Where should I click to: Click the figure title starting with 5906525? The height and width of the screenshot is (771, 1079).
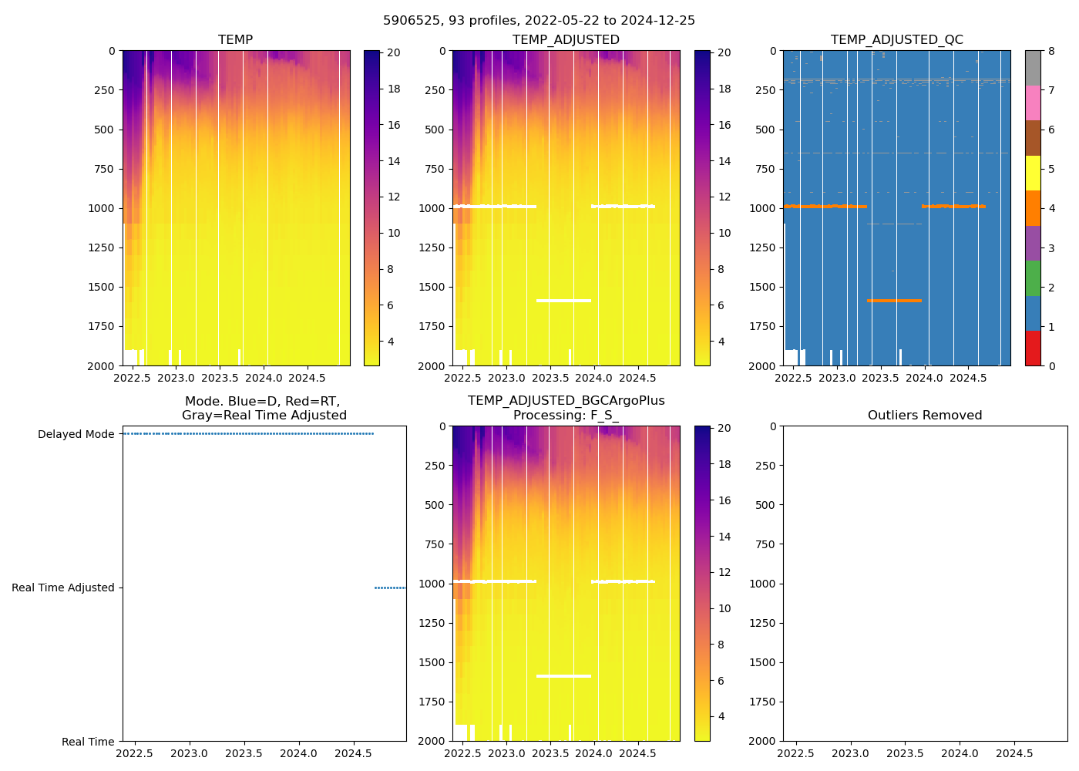[539, 21]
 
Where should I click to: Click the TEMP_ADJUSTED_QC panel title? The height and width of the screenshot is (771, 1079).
[896, 39]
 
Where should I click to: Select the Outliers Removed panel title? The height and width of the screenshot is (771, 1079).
[924, 415]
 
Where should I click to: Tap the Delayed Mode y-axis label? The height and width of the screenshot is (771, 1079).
[76, 434]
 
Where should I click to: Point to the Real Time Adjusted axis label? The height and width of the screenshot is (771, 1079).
[62, 588]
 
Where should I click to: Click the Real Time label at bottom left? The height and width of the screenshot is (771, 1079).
[88, 742]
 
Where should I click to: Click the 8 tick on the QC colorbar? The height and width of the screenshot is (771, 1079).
[1051, 51]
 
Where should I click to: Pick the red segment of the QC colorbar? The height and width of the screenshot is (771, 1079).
[1033, 348]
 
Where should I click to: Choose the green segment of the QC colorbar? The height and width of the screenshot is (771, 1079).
[1033, 278]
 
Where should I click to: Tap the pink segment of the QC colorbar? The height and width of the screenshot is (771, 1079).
[1033, 103]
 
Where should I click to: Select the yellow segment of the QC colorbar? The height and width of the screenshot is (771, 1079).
[1033, 173]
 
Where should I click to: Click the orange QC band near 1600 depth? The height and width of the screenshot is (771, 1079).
[894, 300]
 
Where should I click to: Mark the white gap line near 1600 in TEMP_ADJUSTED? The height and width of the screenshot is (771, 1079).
[563, 300]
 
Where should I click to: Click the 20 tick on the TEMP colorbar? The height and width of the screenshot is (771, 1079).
[393, 52]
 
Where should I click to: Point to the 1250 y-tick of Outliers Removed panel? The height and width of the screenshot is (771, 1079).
[763, 623]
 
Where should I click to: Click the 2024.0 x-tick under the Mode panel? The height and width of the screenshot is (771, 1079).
[298, 753]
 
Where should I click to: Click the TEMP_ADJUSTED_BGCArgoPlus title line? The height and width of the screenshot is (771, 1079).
[566, 400]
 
